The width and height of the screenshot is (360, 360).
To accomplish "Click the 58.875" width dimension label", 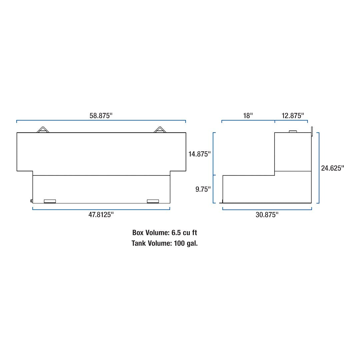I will click(x=101, y=116).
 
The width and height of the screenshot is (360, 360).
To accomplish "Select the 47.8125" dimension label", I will click(x=101, y=215).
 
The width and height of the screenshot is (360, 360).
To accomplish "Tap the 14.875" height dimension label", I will click(x=200, y=154).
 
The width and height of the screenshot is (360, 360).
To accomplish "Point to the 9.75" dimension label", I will click(x=203, y=189).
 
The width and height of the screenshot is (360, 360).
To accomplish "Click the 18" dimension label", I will click(x=248, y=116).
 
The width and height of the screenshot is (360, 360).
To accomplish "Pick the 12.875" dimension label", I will click(x=293, y=116).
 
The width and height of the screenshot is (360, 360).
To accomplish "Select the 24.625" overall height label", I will click(x=332, y=168).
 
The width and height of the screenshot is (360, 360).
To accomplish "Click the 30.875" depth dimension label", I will click(x=267, y=215).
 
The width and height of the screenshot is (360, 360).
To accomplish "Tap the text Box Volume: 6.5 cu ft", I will click(x=165, y=233).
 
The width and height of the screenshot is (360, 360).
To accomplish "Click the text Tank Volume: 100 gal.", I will click(x=165, y=243).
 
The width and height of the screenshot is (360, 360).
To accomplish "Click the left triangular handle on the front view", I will click(x=43, y=130).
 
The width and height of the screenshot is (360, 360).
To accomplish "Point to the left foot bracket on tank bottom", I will click(x=50, y=201).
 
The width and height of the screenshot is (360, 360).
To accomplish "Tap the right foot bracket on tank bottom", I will click(x=153, y=201).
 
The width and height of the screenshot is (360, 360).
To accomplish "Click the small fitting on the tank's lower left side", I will click(x=31, y=201).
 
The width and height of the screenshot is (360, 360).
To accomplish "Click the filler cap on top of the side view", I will click(x=293, y=132).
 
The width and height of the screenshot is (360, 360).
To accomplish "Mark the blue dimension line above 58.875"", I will click(x=101, y=120).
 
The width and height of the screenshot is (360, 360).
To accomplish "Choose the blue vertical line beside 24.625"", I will click(x=319, y=168).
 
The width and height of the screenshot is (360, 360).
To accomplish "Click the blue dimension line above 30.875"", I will click(x=267, y=210).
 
